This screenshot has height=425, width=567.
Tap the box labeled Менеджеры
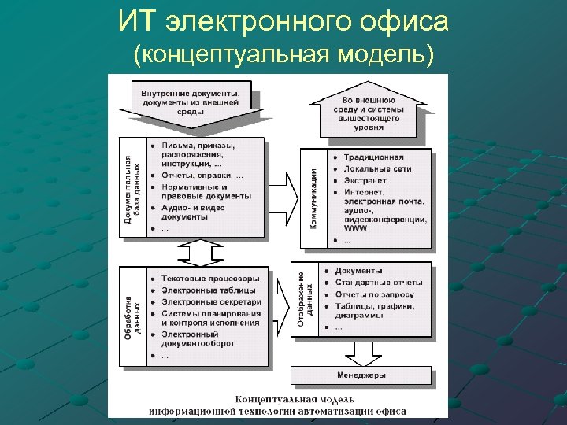point(361,375)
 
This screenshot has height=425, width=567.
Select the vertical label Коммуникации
point(313,199)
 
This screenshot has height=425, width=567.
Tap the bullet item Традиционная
point(374,157)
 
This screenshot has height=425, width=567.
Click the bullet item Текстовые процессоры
point(209,279)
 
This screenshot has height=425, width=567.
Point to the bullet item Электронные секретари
point(211,301)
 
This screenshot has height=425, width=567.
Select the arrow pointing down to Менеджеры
point(361,355)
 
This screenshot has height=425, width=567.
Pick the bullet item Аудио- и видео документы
point(193,212)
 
